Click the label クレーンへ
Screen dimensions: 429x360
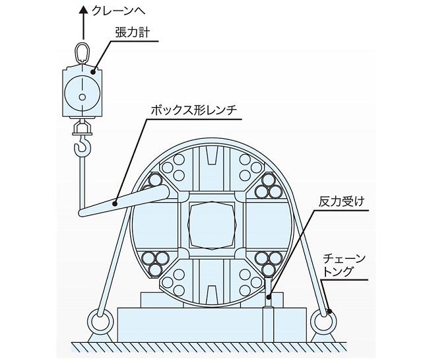pyautogui.click(x=118, y=11)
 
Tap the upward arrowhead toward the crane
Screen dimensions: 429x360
pyautogui.click(x=83, y=10)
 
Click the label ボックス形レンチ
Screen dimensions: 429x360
pyautogui.click(x=193, y=110)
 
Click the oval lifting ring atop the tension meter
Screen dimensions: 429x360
pyautogui.click(x=82, y=52)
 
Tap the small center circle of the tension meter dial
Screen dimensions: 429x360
pyautogui.click(x=82, y=97)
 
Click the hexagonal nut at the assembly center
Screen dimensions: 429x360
pyautogui.click(x=212, y=225)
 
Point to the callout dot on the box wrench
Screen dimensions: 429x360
pyautogui.click(x=115, y=203)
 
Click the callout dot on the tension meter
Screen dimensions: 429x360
pyautogui.click(x=93, y=72)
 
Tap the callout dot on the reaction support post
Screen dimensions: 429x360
pyautogui.click(x=269, y=297)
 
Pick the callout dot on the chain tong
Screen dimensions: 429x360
pyautogui.click(x=330, y=311)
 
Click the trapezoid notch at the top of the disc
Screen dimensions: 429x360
pyautogui.click(x=212, y=155)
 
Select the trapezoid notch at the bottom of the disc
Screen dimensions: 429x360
pyautogui.click(x=212, y=294)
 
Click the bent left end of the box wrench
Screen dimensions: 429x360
pyautogui.click(x=82, y=213)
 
